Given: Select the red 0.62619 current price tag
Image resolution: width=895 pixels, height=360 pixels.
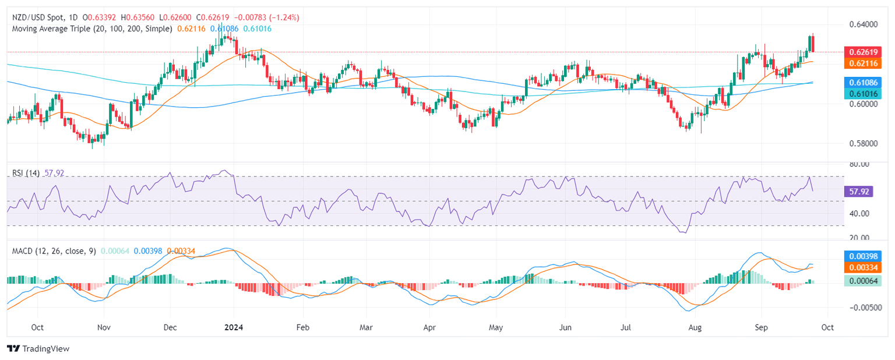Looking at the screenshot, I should [862, 52].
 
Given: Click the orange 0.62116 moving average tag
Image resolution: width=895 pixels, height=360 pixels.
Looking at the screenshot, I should [862, 62].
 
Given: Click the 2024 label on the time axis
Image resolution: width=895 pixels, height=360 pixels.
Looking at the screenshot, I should [233, 327].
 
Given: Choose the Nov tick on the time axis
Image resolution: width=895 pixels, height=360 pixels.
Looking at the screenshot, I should [103, 327].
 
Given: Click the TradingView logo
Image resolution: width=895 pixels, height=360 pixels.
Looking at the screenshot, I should [38, 348].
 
